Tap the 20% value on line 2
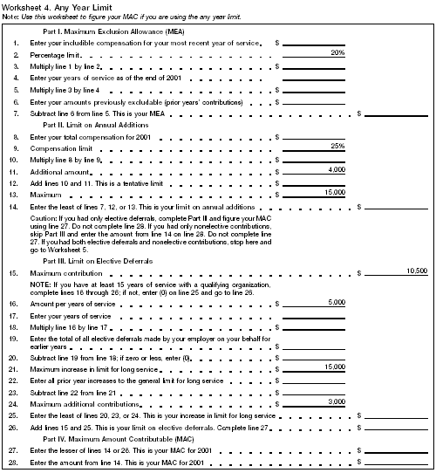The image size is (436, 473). tap(337, 53)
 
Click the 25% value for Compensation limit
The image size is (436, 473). tap(337, 146)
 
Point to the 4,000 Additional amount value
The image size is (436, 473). tap(334, 169)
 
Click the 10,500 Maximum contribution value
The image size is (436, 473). tap(416, 272)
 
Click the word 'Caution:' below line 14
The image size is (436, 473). tap(44, 216)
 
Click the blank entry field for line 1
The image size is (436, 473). tap(314, 42)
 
